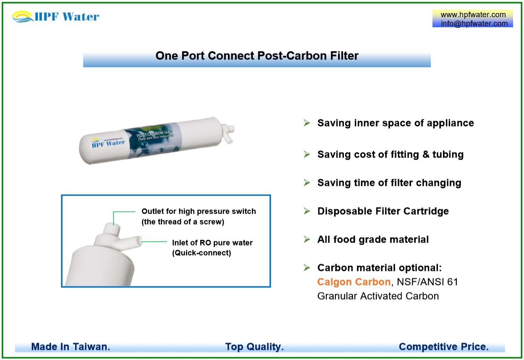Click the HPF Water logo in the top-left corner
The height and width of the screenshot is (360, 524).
(x=56, y=17)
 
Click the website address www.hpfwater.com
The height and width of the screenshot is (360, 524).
(x=473, y=15)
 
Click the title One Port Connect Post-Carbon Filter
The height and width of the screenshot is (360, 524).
(x=257, y=56)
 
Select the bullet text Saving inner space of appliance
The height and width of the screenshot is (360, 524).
(x=396, y=123)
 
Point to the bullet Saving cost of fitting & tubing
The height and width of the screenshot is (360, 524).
(x=390, y=154)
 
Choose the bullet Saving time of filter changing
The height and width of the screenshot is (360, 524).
(x=389, y=183)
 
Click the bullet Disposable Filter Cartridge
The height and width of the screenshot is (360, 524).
(x=383, y=211)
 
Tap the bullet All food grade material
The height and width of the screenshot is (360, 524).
(x=373, y=240)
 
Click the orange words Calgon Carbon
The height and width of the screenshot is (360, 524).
(x=354, y=282)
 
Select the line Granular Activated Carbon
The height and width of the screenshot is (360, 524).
(x=378, y=296)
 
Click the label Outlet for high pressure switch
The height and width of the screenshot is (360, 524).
(x=199, y=211)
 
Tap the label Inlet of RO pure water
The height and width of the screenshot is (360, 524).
(x=212, y=243)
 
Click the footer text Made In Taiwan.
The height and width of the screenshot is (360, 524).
(x=71, y=347)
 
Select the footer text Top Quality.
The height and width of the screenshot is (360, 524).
(x=254, y=347)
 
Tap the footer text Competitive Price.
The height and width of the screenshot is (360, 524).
(x=443, y=347)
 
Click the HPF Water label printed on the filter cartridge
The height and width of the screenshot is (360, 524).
(x=108, y=143)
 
